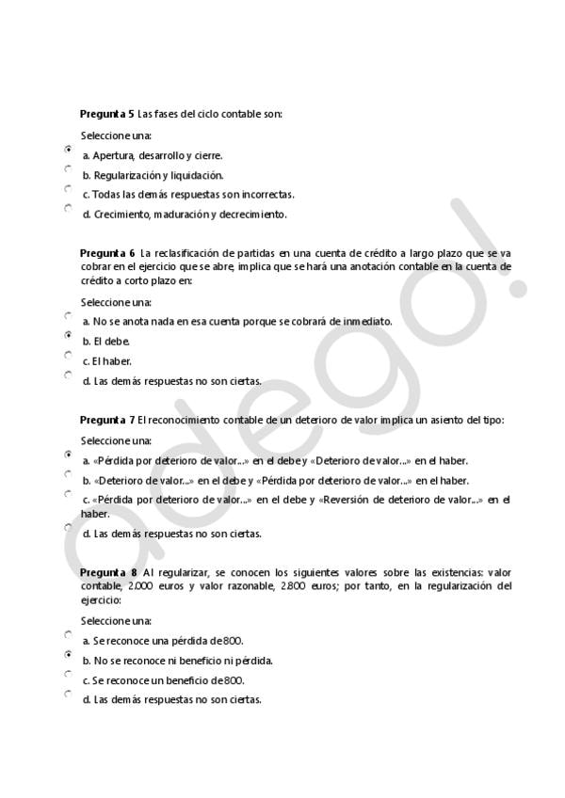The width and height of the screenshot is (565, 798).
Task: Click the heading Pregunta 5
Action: (x=106, y=114)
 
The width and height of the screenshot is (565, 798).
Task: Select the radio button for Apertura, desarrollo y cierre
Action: (x=68, y=149)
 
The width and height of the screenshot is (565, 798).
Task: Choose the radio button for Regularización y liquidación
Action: (x=68, y=168)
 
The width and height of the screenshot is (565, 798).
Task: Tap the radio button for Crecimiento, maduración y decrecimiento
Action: (x=68, y=208)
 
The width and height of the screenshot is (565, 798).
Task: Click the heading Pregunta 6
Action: (x=107, y=254)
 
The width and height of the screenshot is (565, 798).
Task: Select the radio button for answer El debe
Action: (x=68, y=335)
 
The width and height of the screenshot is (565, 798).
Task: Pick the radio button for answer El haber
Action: (x=68, y=355)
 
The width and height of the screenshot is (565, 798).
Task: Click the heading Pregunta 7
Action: (x=107, y=421)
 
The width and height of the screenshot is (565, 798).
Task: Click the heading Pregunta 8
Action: (x=107, y=572)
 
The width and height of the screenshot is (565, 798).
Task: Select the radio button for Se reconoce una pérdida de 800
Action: (x=68, y=634)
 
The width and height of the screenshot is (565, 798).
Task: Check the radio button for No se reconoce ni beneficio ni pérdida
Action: (x=68, y=654)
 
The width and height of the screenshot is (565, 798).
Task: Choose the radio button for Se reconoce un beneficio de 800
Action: (x=68, y=674)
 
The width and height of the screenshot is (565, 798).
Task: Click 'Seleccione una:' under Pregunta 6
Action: (x=116, y=302)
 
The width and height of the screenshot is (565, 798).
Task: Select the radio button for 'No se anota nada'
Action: (x=68, y=315)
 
